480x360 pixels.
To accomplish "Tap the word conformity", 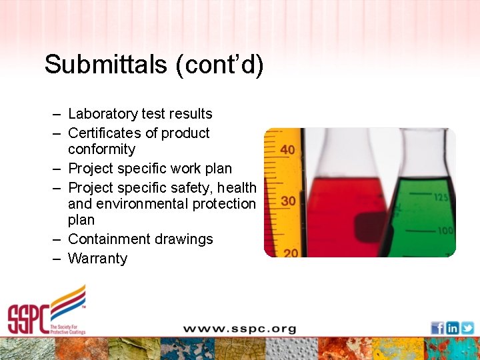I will click(x=101, y=149).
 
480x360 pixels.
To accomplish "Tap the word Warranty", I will click(x=97, y=258).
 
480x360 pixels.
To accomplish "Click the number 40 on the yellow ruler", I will click(x=287, y=150).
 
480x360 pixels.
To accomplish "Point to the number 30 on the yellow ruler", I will click(x=287, y=201).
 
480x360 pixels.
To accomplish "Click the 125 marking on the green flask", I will click(x=441, y=197).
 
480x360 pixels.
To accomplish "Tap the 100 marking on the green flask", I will click(x=445, y=231).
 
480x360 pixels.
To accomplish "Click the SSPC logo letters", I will click(x=29, y=319).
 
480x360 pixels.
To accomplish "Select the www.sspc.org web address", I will click(x=239, y=329).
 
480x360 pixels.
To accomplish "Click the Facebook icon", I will click(x=437, y=328).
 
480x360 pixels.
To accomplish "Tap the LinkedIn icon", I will click(x=452, y=328).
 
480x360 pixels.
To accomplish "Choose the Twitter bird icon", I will click(x=467, y=328).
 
